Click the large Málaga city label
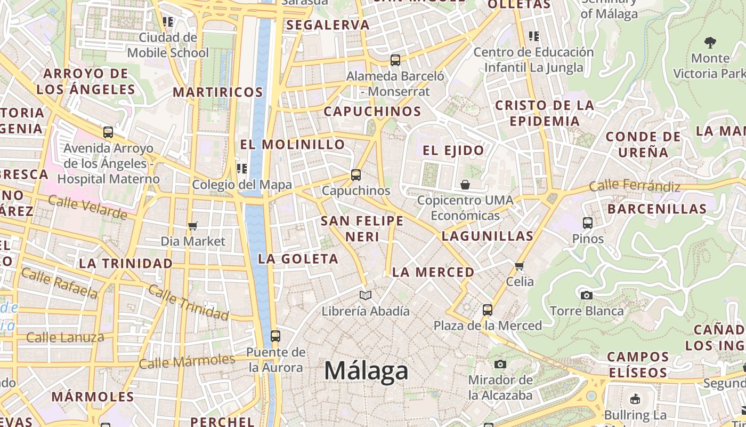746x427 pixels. [x=366, y=370]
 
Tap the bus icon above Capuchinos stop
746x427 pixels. [x=356, y=175]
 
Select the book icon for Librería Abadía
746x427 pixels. [x=365, y=295]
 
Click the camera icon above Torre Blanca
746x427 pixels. [x=586, y=295]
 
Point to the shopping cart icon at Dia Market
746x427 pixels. [x=193, y=226]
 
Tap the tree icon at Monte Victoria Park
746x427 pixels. [x=710, y=42]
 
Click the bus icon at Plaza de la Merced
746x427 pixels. [x=487, y=310]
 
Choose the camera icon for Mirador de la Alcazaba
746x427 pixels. [x=500, y=364]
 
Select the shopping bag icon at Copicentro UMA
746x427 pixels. [x=465, y=185]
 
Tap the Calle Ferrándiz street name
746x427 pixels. [x=635, y=186]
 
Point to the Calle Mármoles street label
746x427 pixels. [x=186, y=361]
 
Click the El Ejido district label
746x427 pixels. [x=453, y=151]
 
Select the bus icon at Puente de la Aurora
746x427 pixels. [x=275, y=336]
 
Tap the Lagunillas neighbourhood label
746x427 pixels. [x=487, y=236]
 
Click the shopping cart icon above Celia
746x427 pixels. [x=520, y=266]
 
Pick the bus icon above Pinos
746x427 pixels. [x=588, y=223]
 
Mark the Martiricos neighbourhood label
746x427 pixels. [x=218, y=92]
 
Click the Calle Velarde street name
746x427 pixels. [x=87, y=207]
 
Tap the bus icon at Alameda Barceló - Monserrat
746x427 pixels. [x=395, y=60]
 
